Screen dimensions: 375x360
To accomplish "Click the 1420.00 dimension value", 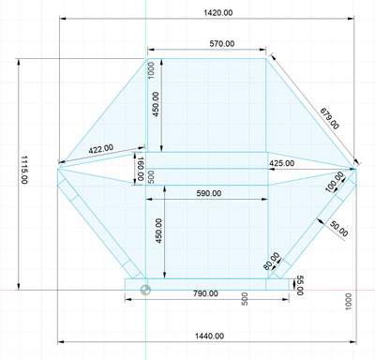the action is click(x=218, y=13).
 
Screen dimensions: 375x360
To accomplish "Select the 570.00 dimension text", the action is click(x=222, y=44).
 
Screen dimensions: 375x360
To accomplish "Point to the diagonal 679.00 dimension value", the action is click(x=329, y=118).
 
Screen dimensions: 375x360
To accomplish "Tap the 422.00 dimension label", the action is click(x=101, y=149).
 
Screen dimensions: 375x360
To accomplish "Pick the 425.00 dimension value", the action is click(x=281, y=163).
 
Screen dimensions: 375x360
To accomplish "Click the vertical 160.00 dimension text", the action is click(x=140, y=169).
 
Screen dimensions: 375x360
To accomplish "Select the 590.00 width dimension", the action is click(x=209, y=193).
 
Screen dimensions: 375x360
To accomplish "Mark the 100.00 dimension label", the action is click(x=335, y=182).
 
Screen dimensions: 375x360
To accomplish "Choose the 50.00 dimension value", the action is click(x=339, y=229).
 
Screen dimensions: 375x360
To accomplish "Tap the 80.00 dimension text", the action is click(x=271, y=262).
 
